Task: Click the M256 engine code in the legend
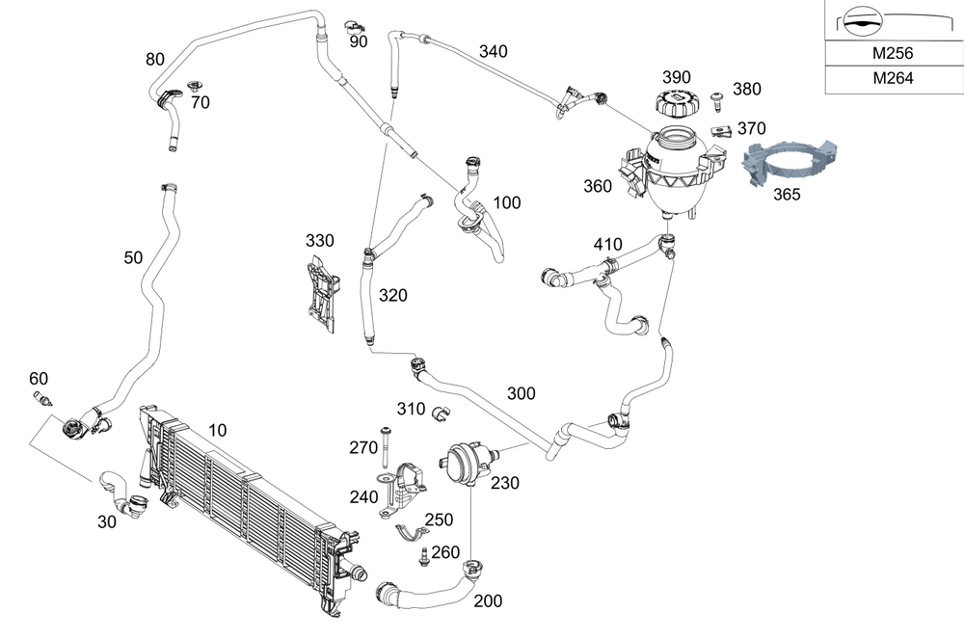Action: click(892, 55)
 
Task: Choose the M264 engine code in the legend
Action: click(892, 79)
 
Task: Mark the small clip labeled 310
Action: click(442, 414)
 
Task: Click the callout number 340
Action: click(493, 51)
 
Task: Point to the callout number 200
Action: click(489, 601)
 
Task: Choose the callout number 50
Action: click(134, 257)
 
